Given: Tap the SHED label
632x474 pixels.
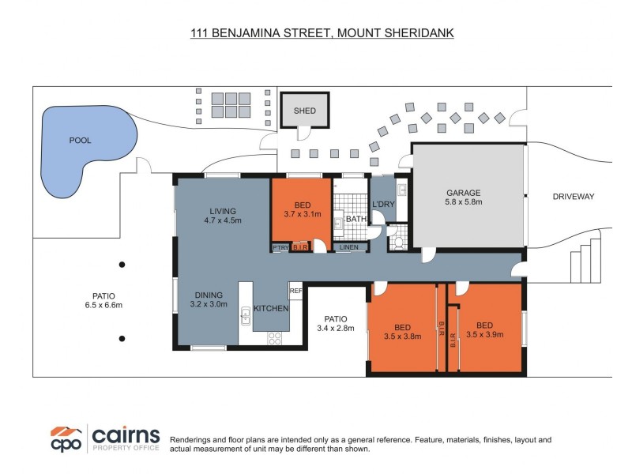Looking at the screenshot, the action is [x=305, y=111].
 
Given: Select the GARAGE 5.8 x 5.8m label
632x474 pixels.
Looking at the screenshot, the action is [x=464, y=197].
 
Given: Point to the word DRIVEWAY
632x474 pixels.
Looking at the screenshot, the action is [x=574, y=197].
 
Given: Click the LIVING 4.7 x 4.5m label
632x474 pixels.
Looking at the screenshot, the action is [x=223, y=216].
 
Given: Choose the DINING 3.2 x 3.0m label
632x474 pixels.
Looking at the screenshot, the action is [x=209, y=299].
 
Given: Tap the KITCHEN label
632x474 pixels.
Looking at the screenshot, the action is [x=271, y=308].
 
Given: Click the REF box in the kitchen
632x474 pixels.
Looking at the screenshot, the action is [x=295, y=291].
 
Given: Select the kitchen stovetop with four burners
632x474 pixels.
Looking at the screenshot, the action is [x=274, y=338].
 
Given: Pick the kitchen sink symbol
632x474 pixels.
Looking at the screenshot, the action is [x=246, y=315].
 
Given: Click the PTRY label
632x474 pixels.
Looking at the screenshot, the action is [x=280, y=247].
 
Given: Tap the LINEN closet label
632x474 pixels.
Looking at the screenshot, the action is [x=349, y=247].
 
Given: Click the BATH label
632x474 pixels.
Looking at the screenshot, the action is [x=356, y=219].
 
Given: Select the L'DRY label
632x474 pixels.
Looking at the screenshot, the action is [x=383, y=205].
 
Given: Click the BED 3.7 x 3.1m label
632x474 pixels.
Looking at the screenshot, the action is [x=303, y=209].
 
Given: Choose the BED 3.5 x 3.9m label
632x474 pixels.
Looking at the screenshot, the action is [x=484, y=329].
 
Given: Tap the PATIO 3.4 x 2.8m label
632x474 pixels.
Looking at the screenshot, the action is [x=336, y=324].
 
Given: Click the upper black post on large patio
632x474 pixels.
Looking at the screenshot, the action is [x=122, y=265].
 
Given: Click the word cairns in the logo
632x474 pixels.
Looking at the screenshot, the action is [x=126, y=435].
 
